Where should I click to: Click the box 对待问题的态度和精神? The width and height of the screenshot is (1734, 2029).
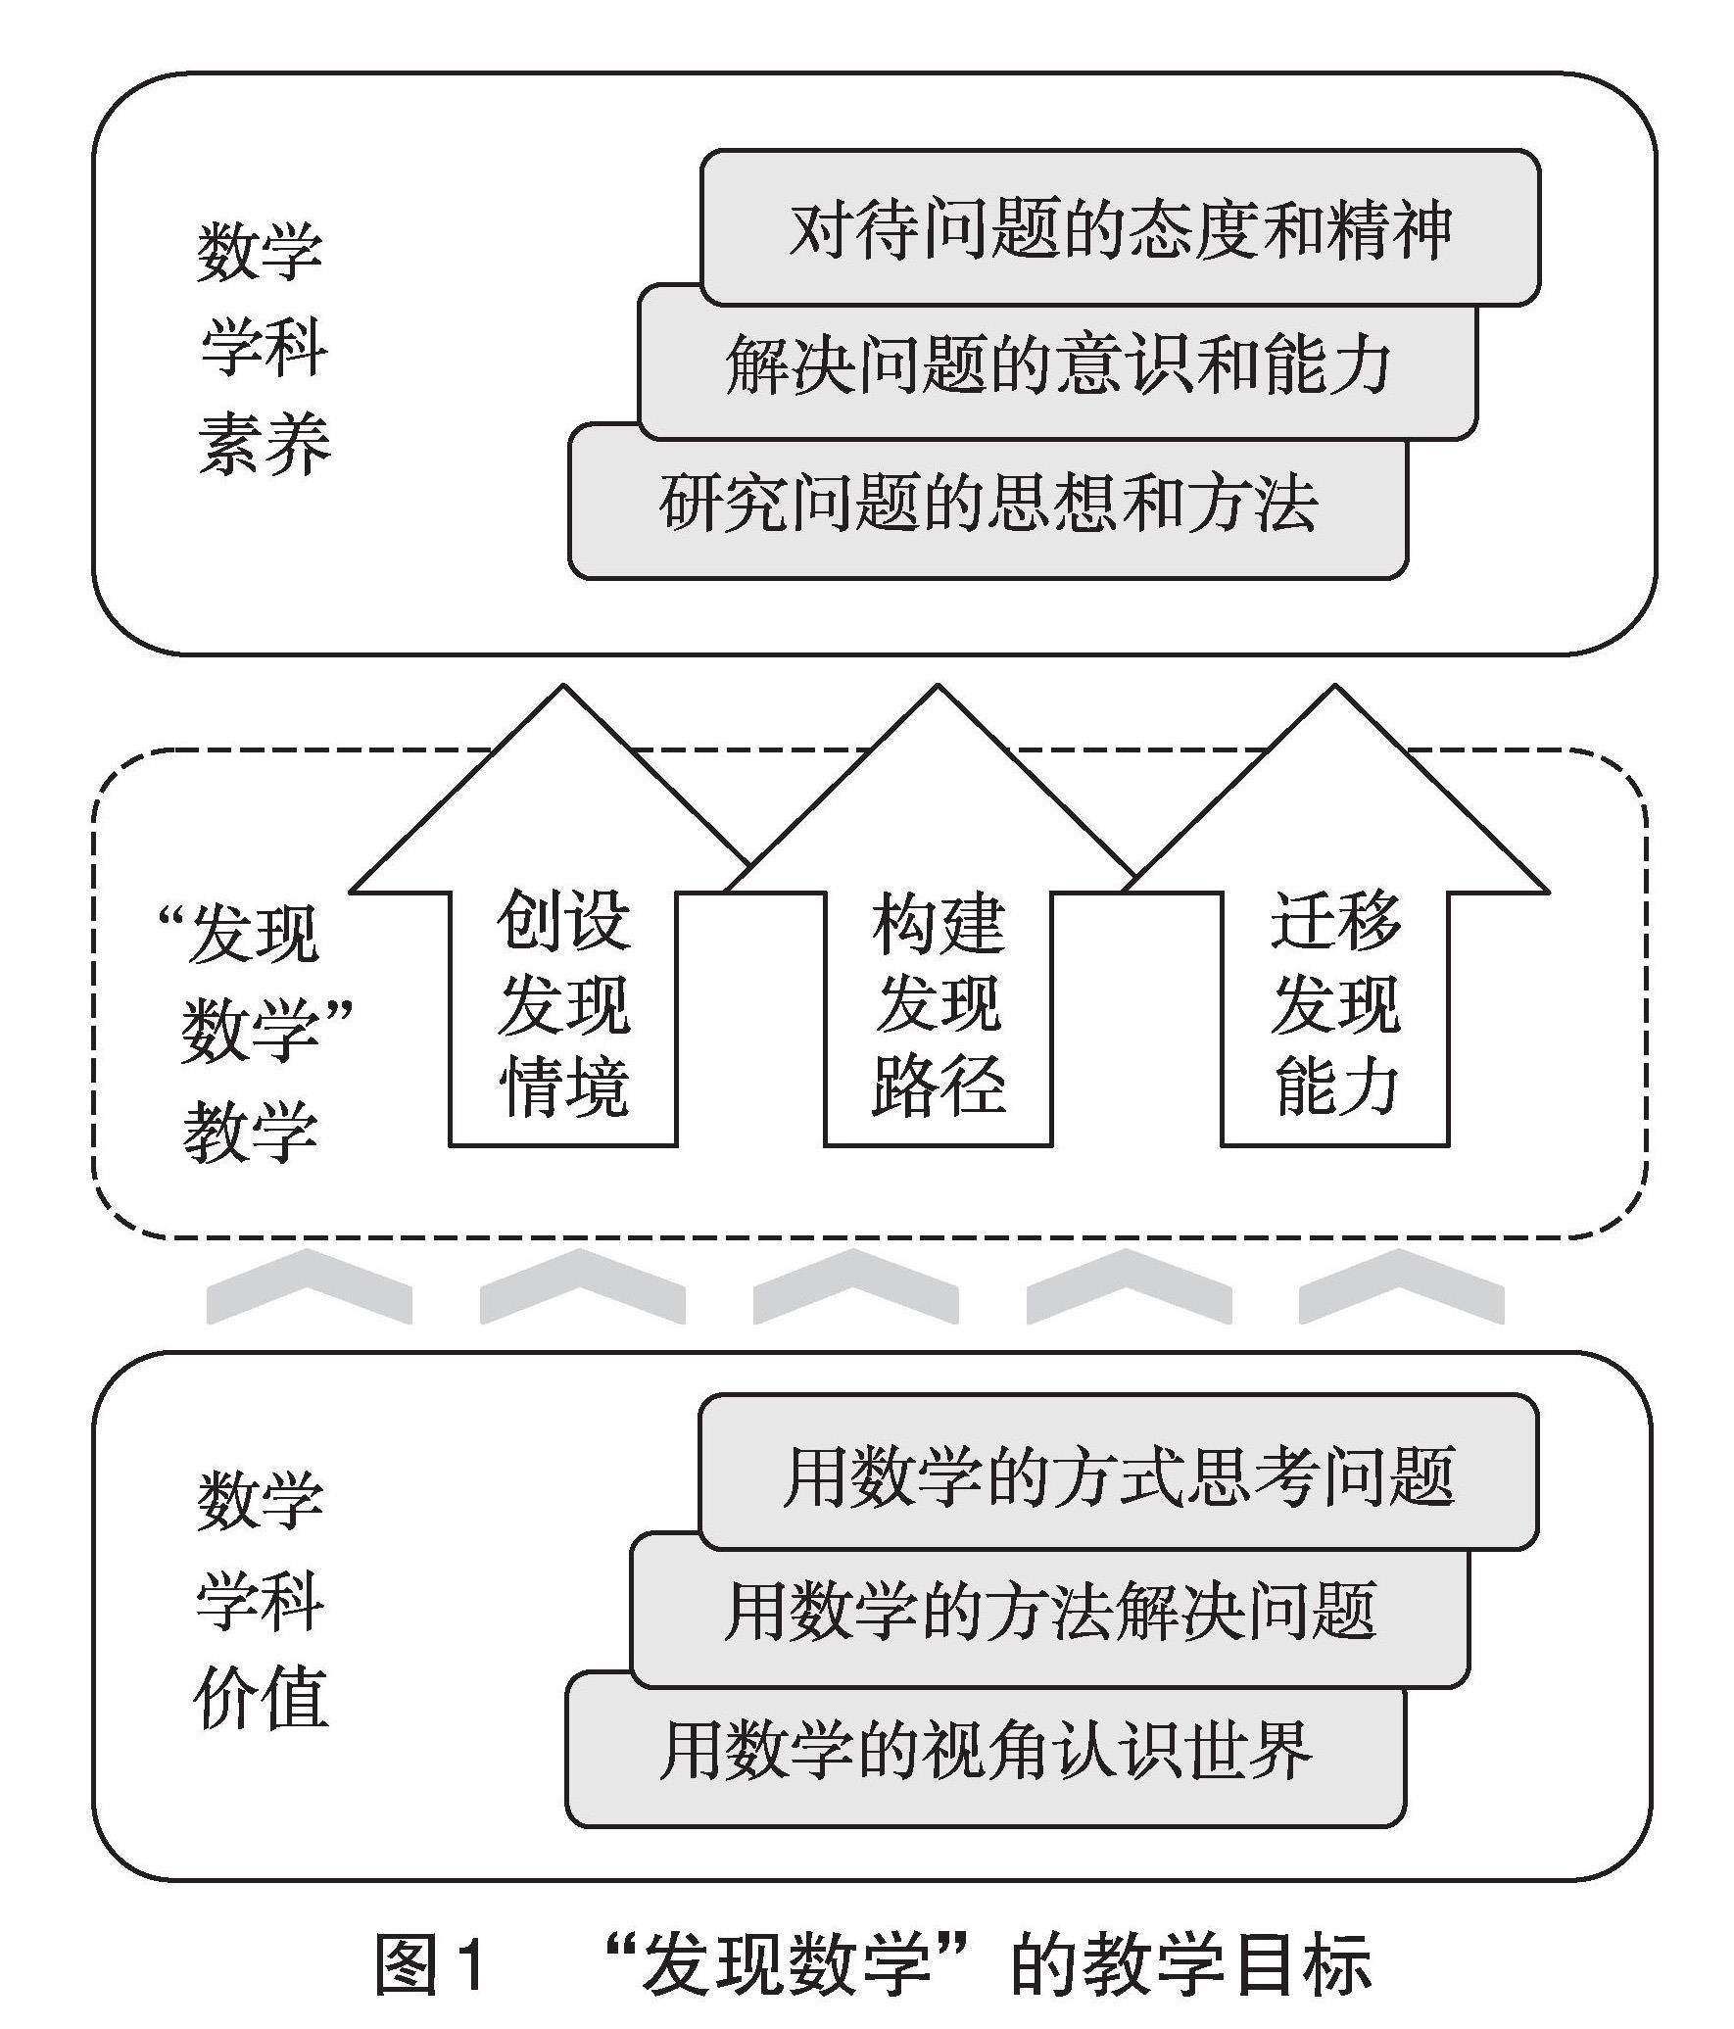pyautogui.click(x=1120, y=228)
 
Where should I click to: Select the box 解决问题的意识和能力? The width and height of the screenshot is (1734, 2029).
pyautogui.click(x=1058, y=365)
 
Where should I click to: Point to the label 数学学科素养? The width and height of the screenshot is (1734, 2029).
pyautogui.click(x=263, y=348)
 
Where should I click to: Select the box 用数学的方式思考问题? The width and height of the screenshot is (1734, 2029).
pyautogui.click(x=1118, y=1475)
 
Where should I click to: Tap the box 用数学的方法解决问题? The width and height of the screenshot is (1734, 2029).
pyautogui.click(x=1050, y=1612)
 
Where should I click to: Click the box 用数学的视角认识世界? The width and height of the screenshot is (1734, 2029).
pyautogui.click(x=986, y=1750)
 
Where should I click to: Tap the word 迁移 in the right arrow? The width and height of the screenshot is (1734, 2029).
pyautogui.click(x=1334, y=921)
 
